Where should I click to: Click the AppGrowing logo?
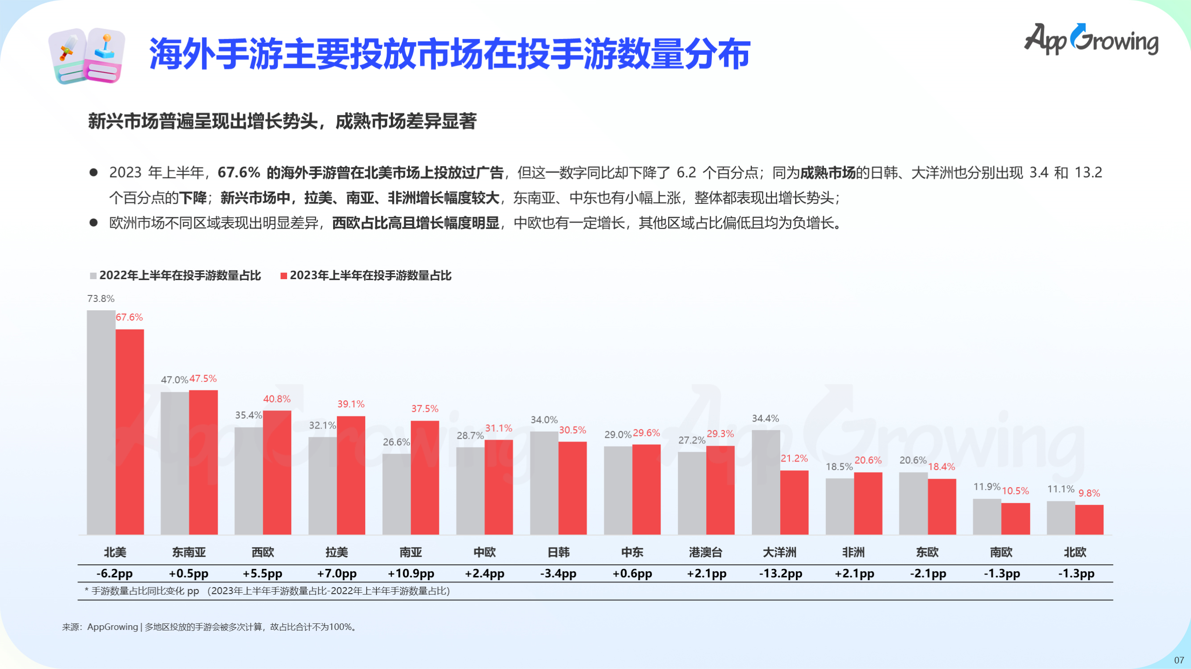pos(1091,40)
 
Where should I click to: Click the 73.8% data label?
pos(101,299)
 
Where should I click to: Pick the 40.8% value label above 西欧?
pos(277,399)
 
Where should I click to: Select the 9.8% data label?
pos(1089,493)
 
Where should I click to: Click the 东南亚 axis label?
pos(189,552)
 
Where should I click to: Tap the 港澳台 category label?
pos(706,552)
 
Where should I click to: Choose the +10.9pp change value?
pos(411,573)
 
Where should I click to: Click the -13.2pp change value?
pos(780,573)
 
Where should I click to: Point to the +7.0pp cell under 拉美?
pos(337,573)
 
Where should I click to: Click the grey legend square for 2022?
pos(94,276)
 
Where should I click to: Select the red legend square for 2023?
pos(284,276)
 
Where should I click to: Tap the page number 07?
pos(1179,660)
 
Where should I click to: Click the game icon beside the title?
pos(87,56)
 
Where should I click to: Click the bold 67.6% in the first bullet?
pos(239,173)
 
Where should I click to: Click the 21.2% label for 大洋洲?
pos(794,458)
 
